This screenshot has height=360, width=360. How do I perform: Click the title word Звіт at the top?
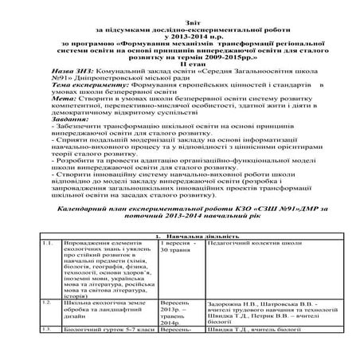[x=180, y=6]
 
